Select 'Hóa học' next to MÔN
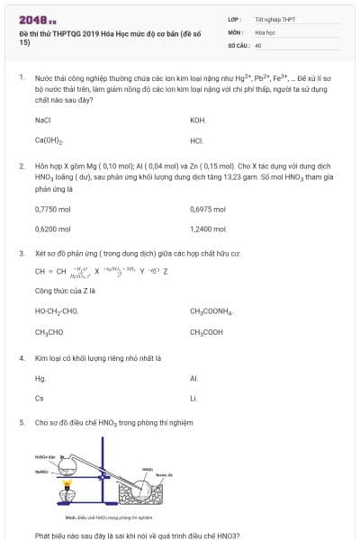coord(265,31)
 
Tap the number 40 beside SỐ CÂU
coord(258,44)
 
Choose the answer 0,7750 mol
coord(51,209)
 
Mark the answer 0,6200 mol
coord(51,229)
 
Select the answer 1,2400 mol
coord(208,229)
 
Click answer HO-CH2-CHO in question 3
coord(57,311)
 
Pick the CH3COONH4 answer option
coord(211,311)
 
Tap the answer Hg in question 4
coord(40,378)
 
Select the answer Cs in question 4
coord(40,399)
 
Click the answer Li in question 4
coord(194,399)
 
